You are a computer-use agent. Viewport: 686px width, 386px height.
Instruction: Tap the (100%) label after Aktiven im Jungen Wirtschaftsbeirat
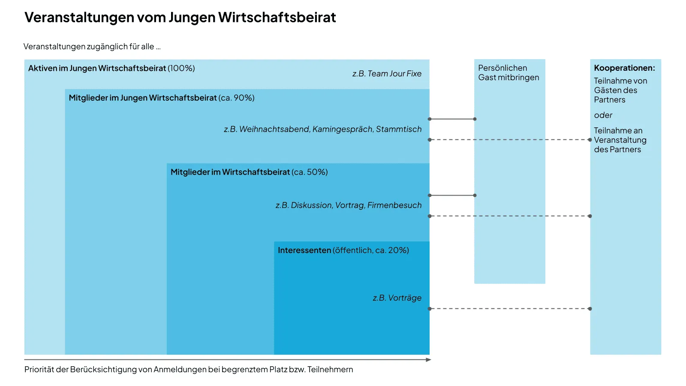coord(181,68)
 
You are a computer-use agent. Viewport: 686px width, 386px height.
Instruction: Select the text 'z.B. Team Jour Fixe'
coord(387,74)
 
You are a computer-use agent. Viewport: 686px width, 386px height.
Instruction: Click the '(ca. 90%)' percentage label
coord(237,98)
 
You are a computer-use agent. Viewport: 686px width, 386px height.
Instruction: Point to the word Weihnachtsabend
coord(274,129)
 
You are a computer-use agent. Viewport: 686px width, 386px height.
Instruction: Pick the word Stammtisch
coord(399,129)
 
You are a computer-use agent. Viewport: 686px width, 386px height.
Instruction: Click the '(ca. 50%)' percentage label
coord(310,172)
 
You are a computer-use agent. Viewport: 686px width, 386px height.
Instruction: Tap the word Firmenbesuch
coord(394,205)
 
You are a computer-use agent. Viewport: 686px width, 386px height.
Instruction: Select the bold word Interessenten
coord(304,250)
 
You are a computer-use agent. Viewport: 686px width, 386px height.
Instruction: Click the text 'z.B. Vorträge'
coord(397,298)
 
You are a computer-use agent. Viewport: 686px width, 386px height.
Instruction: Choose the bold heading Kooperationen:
coord(624,68)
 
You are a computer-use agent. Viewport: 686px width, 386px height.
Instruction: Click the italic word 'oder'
coord(603,115)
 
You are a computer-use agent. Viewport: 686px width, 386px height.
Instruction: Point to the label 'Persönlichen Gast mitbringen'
coord(508,73)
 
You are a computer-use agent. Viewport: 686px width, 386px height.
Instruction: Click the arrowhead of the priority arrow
coord(428,360)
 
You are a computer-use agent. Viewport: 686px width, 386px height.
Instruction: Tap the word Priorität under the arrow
coord(40,370)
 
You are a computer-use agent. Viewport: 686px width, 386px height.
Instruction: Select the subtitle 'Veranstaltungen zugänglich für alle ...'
coord(92,47)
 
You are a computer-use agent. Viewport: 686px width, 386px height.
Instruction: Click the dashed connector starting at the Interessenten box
coord(510,309)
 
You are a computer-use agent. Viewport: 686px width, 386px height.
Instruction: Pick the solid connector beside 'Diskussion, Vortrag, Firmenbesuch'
coord(452,196)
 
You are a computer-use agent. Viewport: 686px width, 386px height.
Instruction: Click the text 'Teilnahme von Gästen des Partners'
coord(620,90)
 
